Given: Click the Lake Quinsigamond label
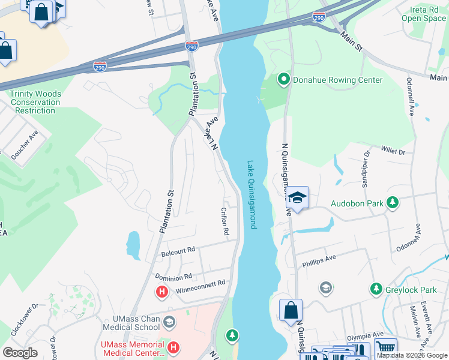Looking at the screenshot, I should pos(252,194).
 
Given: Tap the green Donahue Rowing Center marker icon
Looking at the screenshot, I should pos(283,80).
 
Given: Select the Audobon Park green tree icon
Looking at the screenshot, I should pos(393,203).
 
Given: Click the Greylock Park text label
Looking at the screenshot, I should pos(412,290).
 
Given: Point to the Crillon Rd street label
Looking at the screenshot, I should pos(224,221).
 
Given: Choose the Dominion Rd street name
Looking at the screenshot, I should pos(173,277).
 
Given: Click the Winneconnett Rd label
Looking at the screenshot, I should pos(200,287).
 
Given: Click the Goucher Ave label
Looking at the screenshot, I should pos(25,145).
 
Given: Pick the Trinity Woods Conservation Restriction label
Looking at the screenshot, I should pos(35,102).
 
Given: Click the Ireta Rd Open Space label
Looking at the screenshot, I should pos(424,14).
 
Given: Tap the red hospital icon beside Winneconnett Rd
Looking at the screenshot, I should pos(161,293).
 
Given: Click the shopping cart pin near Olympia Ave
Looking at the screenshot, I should pos(385,347).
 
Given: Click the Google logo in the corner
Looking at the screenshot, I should pos(20,353).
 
